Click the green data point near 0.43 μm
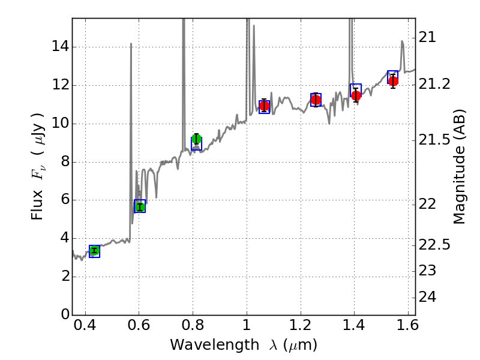[x=94, y=251]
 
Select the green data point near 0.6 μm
[x=140, y=207]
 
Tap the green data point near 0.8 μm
[x=196, y=139]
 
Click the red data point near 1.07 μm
[x=264, y=106]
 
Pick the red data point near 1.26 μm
[x=316, y=100]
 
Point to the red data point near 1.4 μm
[x=356, y=95]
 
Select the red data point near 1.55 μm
[x=393, y=81]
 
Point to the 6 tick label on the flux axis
[x=64, y=200]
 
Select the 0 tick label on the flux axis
[x=64, y=314]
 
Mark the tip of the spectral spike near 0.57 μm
[x=131, y=44]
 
